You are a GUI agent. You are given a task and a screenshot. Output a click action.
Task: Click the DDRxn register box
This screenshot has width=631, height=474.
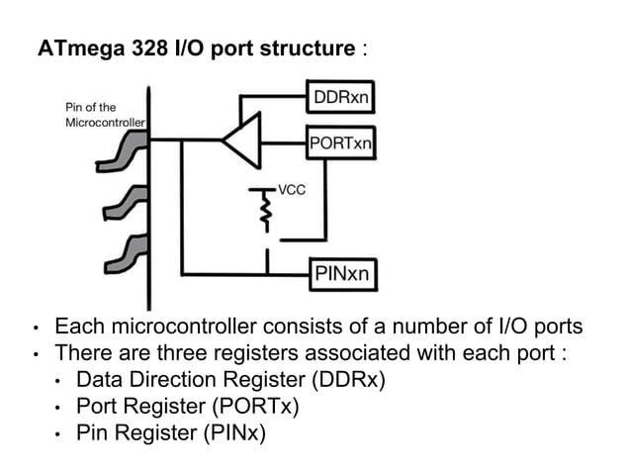(x=341, y=98)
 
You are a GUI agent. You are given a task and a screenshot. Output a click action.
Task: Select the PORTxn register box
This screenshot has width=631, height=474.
(x=341, y=142)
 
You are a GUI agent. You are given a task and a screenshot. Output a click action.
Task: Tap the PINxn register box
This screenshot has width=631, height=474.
(x=341, y=273)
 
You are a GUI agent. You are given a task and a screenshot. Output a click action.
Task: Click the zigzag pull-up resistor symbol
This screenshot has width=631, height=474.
(x=265, y=209)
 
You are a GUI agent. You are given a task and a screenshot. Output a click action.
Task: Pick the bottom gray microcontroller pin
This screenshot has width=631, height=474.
(x=127, y=254)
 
